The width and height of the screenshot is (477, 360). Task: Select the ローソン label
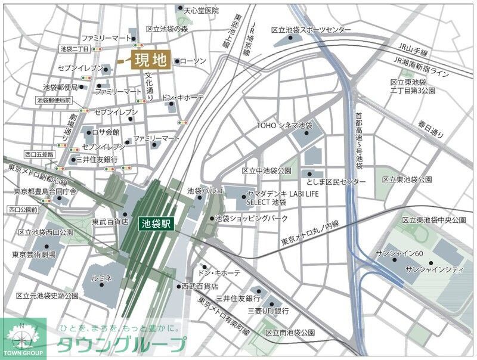[x=193, y=61]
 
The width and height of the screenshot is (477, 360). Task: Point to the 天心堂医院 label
[x=201, y=10]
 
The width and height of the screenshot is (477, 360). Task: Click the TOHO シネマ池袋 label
[x=284, y=126]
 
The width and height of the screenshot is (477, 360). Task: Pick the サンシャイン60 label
[x=399, y=253]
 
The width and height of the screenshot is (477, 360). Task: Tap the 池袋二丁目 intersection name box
[x=75, y=49]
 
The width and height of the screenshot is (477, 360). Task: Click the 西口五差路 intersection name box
[x=39, y=154]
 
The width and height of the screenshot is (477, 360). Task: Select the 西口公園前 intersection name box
[x=23, y=210]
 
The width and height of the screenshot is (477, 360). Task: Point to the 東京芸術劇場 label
[x=34, y=255]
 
